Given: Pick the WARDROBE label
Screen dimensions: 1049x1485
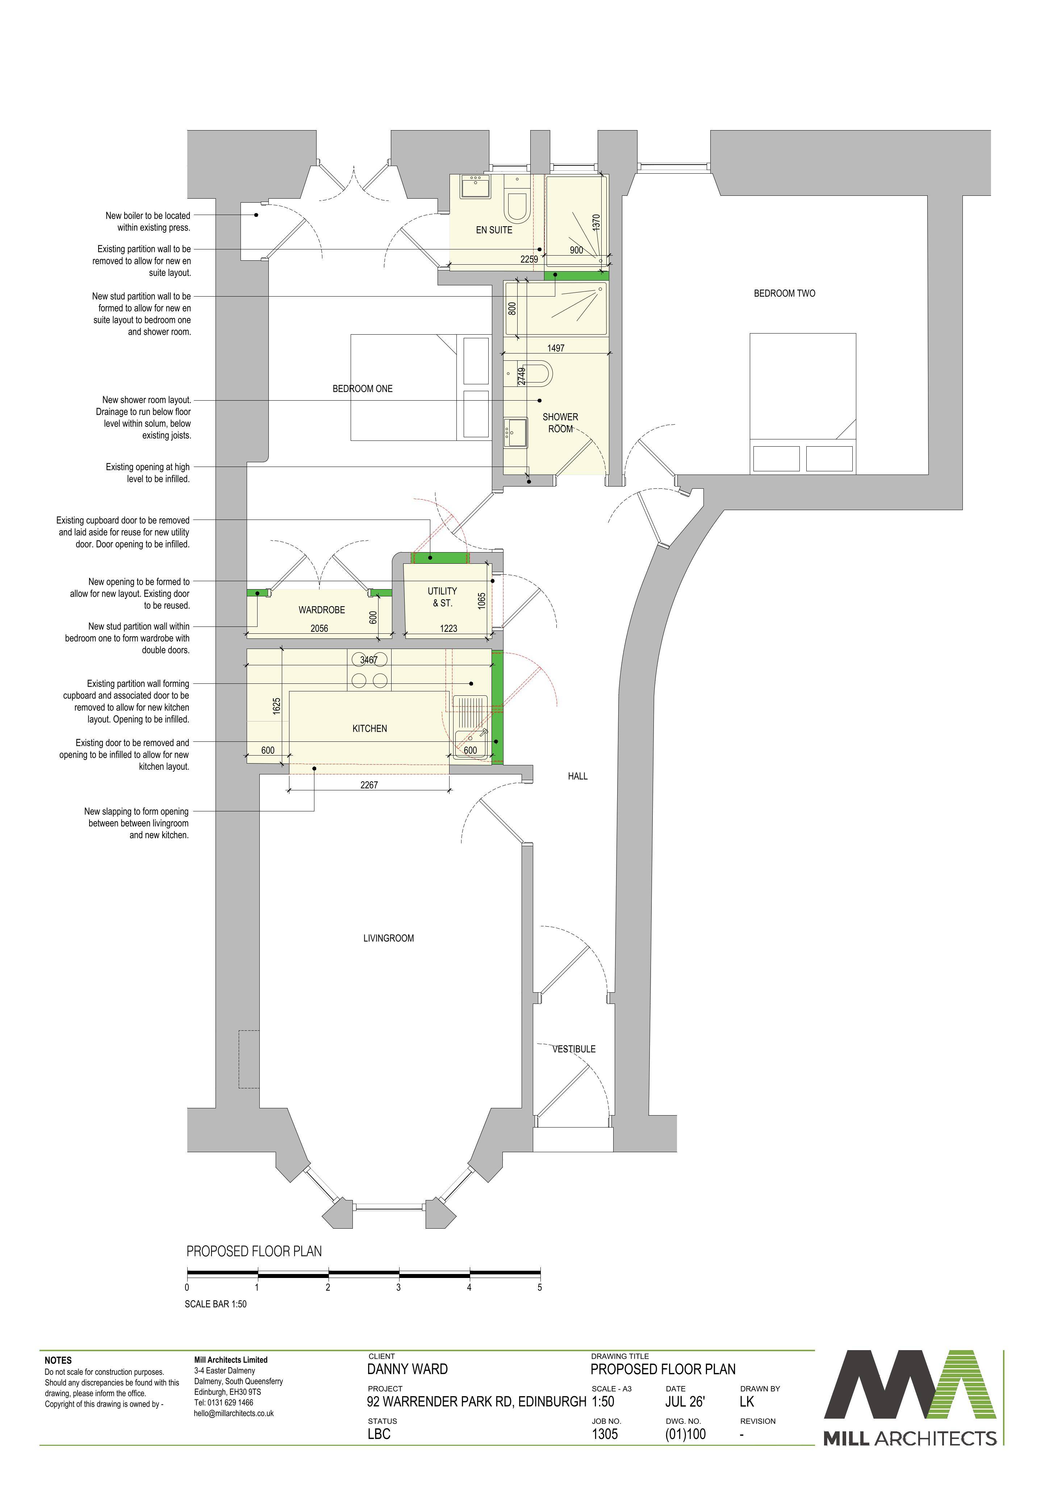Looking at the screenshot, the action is coord(321,610).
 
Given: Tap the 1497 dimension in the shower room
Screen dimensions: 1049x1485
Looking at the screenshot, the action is coord(556,348).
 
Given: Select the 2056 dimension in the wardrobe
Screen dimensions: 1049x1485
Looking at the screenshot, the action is coord(319,628).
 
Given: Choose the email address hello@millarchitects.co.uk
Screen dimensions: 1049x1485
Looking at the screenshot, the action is coord(234,1413).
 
